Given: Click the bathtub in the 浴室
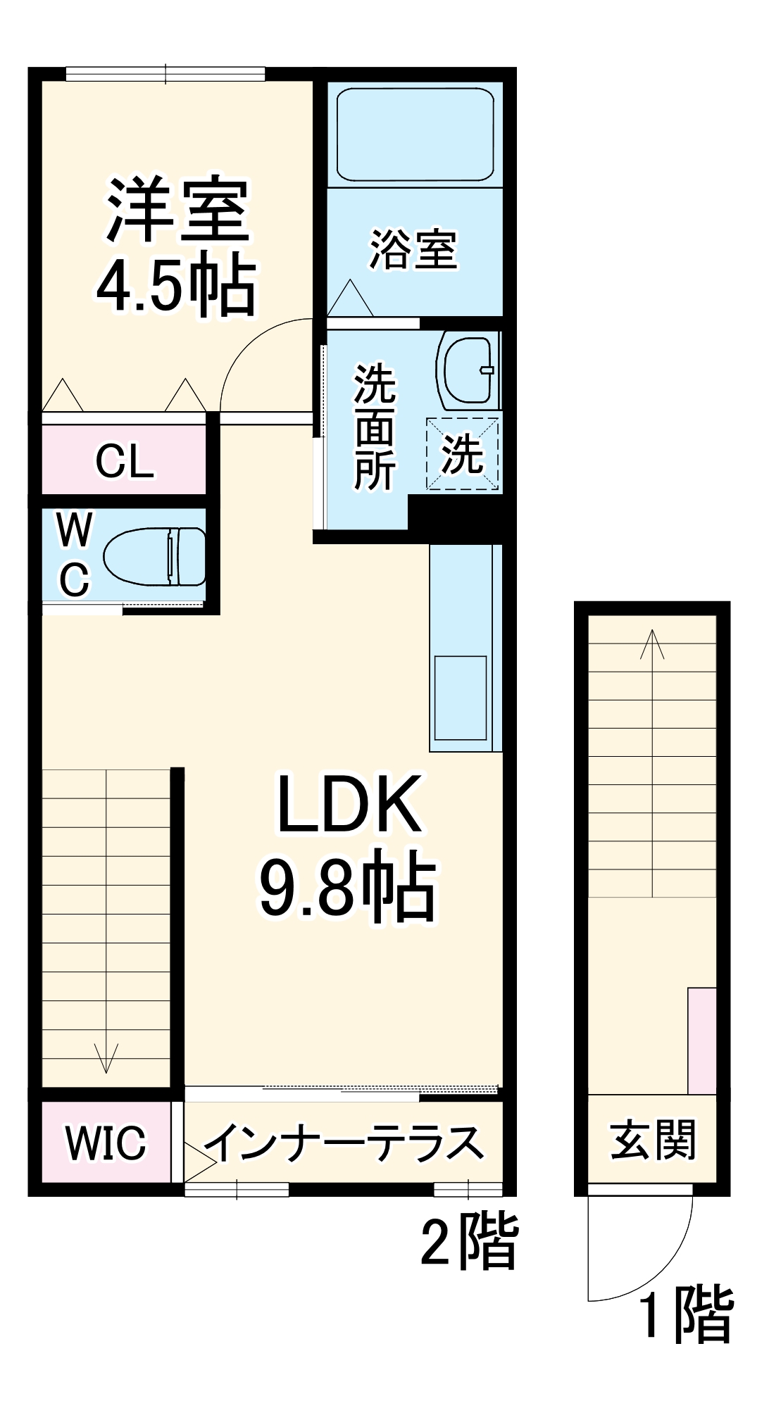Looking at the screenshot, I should tap(415, 134).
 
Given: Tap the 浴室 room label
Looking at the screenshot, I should tap(414, 249).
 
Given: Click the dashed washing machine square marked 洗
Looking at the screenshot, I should tap(463, 454).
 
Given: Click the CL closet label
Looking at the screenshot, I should tap(125, 462).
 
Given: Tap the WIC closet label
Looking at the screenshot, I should tap(106, 1143).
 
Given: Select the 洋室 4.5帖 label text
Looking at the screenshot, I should tap(176, 246).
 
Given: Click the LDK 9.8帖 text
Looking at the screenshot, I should tap(349, 845).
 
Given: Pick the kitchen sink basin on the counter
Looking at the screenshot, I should tap(461, 697).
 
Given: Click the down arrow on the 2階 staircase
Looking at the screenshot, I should tap(106, 1056).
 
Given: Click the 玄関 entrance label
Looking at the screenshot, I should tap(652, 1140).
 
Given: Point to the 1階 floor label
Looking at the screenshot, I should tap(687, 1314).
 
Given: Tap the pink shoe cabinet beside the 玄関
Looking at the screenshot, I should tap(701, 1041).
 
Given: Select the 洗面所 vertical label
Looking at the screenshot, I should tap(374, 427).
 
